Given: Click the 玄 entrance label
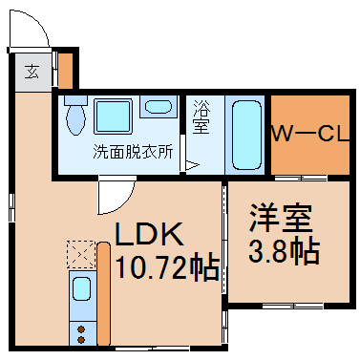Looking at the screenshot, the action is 32,72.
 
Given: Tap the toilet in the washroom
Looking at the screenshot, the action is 75,116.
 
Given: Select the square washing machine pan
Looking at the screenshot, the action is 113,116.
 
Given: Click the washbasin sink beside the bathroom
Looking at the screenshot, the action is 159,107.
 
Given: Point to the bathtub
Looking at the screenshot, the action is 246,135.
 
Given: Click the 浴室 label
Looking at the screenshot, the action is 201,116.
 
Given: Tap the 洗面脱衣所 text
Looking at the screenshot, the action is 133,152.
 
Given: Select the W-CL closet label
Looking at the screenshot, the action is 310,134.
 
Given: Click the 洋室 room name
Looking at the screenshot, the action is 281,218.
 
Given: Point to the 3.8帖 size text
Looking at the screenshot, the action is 284,251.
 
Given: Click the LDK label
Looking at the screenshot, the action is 150,234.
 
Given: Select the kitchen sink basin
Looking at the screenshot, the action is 81,288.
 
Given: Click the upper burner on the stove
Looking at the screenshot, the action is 81,328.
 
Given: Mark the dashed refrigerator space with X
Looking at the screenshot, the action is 81,254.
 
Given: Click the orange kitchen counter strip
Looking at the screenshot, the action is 103,294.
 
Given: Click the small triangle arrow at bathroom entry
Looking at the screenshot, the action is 192,165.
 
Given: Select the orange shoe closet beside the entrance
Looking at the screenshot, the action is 66,71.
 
